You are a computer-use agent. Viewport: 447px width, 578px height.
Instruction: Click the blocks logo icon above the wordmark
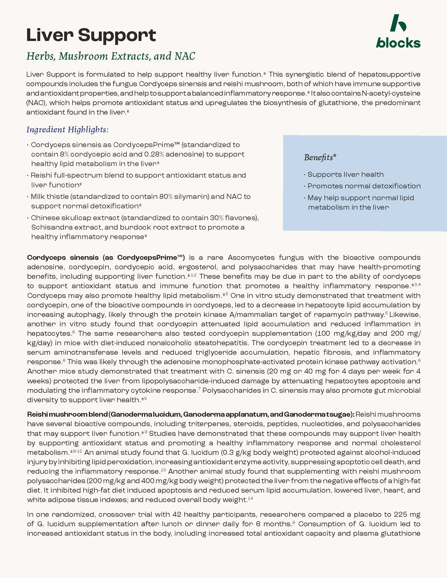click(398, 23)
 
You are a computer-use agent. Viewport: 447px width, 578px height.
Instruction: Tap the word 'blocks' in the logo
click(398, 43)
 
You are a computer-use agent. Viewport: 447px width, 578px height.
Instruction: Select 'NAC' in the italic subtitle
click(185, 56)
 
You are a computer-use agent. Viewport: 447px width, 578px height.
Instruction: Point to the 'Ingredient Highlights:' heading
click(67, 130)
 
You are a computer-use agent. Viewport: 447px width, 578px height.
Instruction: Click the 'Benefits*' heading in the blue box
click(320, 157)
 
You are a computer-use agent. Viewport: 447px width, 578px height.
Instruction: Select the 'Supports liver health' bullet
click(345, 175)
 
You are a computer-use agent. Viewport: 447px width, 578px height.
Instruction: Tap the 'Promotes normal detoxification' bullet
click(364, 186)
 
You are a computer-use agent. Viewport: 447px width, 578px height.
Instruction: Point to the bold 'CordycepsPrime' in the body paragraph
click(147, 257)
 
